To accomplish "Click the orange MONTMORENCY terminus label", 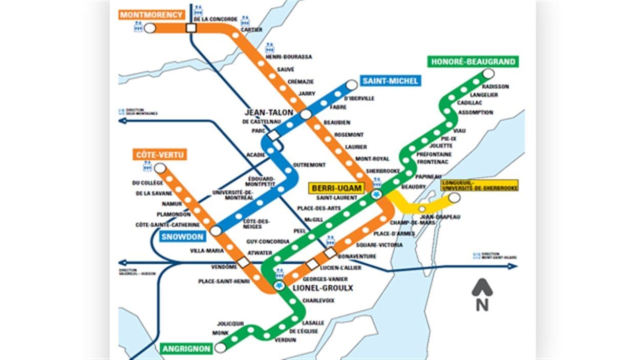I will tap(152, 15).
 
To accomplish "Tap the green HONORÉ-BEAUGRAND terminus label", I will tap(473, 62).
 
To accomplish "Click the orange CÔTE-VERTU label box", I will tap(161, 154).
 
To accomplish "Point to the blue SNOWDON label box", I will tap(182, 237).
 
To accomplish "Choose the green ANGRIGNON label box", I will tap(187, 349).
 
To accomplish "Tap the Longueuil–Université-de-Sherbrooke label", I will tap(479, 185).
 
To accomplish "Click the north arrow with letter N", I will tap(482, 295).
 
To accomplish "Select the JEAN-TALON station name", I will tap(269, 113).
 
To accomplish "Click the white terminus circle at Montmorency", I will tap(150, 28).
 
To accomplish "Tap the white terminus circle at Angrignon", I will tap(221, 348).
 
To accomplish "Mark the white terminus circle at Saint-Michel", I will tap(352, 84).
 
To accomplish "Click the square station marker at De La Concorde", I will tap(192, 28).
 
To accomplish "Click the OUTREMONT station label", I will tap(309, 165).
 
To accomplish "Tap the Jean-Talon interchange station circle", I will tap(306, 114).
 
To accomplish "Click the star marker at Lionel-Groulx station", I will tap(279, 286).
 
